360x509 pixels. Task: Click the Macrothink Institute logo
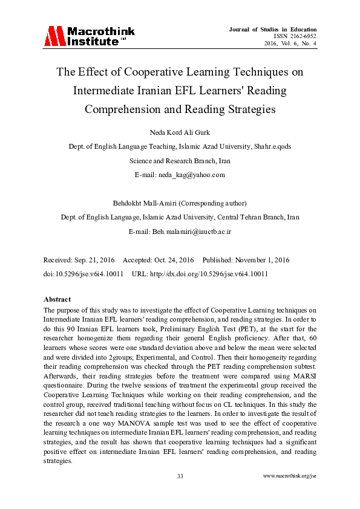[89, 37]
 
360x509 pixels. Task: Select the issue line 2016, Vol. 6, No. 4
[290, 44]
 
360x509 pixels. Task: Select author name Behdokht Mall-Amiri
[159, 204]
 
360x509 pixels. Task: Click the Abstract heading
[57, 299]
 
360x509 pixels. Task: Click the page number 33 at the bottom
[180, 476]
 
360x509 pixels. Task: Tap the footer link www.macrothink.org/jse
[290, 476]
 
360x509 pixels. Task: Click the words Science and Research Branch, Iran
[180, 161]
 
